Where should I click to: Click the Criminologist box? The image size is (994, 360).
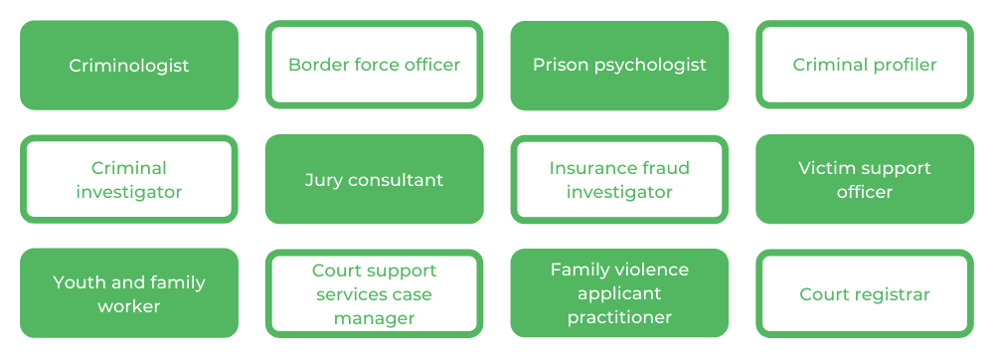coord(129,66)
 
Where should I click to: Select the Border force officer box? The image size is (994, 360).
coord(374,66)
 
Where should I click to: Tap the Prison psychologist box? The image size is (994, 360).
coord(619,66)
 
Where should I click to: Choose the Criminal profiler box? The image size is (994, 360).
coord(865,66)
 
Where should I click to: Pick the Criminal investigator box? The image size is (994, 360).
coord(129,180)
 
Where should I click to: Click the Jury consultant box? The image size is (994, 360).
coord(374,180)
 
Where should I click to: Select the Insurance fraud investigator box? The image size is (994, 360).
coord(619,180)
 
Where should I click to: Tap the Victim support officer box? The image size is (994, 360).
coord(865,180)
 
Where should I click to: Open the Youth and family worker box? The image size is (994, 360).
coord(129,294)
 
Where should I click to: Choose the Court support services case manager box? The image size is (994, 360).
coord(374,294)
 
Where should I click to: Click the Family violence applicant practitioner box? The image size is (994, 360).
coord(619,294)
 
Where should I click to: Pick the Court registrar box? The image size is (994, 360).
coord(865,294)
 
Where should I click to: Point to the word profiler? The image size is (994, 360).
coord(904,66)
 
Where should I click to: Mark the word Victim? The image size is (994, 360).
coord(828,168)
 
